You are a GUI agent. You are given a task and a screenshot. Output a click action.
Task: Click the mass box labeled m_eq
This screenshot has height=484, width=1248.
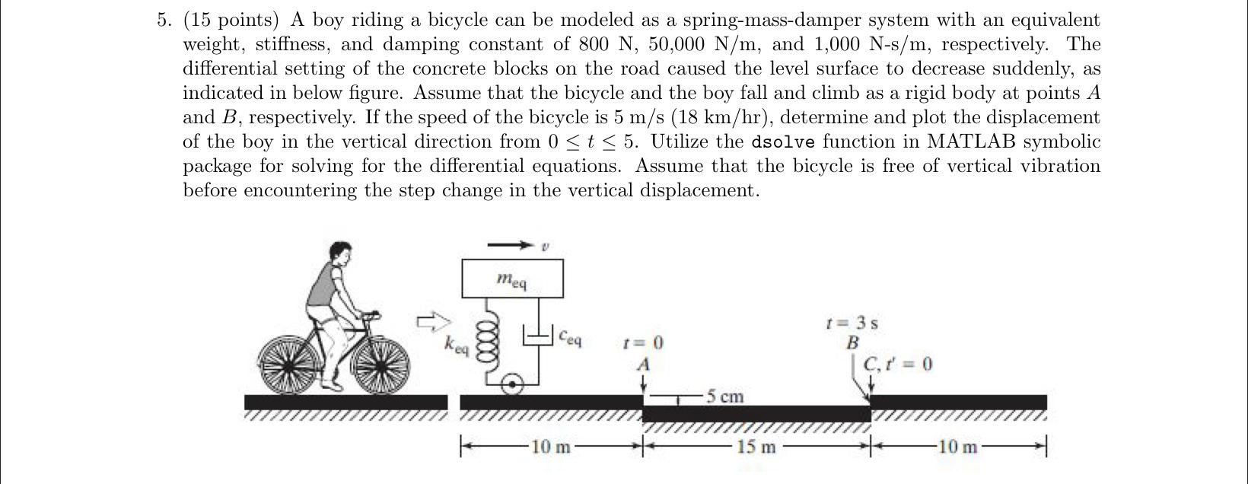(512, 279)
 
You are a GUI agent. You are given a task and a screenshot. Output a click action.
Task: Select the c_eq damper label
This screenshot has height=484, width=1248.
(570, 336)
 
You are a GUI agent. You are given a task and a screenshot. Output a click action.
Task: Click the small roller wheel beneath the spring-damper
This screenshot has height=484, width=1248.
(514, 385)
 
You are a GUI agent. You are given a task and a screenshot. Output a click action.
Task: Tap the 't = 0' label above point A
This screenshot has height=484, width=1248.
(643, 343)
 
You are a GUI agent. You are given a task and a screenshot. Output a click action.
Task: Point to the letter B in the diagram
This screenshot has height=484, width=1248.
(853, 342)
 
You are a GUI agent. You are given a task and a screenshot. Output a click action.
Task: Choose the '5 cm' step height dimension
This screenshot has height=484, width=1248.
(724, 396)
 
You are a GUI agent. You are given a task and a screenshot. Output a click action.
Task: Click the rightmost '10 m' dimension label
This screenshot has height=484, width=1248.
(958, 447)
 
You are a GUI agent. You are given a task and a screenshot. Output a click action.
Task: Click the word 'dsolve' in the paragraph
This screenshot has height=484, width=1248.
(782, 142)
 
